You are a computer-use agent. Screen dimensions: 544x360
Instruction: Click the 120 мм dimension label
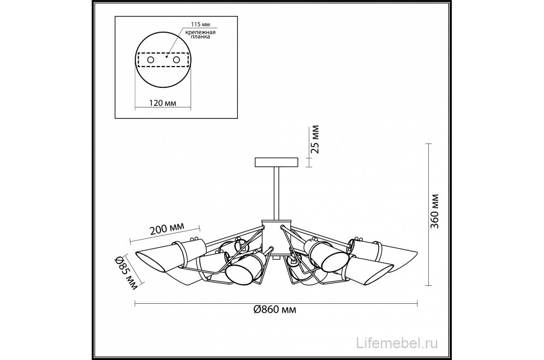(x=163, y=103)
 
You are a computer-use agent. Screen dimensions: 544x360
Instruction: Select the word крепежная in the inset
(x=200, y=32)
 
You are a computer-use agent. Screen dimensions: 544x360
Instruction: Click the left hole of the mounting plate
(x=151, y=60)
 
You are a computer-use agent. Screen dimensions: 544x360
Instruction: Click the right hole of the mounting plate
(x=177, y=60)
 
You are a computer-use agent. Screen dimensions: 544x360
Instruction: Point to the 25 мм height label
(x=315, y=140)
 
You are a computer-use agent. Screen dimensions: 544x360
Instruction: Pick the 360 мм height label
(x=434, y=211)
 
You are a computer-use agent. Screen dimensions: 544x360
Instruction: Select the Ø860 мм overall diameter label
(x=275, y=309)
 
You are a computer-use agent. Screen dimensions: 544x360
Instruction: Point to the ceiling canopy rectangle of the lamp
(x=277, y=163)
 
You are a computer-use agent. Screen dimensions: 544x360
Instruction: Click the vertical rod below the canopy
(x=277, y=193)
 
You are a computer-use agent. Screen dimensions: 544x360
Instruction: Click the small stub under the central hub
(x=276, y=257)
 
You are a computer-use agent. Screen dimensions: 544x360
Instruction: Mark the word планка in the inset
(x=201, y=37)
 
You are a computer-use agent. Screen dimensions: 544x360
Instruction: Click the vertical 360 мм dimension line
(x=429, y=214)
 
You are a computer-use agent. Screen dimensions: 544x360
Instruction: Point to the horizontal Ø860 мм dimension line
(x=276, y=304)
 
